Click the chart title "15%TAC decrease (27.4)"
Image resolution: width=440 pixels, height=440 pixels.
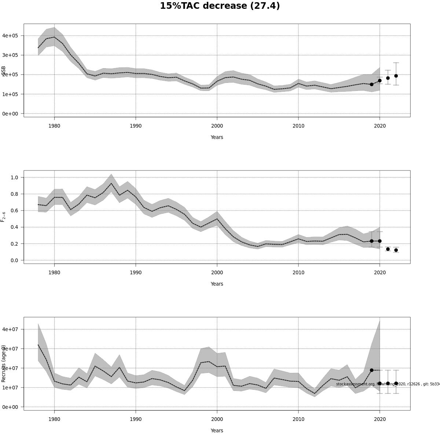[220, 6]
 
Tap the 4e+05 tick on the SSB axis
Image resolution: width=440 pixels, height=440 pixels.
[13, 36]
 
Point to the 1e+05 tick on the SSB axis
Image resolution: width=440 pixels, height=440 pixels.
[13, 94]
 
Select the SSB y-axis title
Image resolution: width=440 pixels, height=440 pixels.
[4, 71]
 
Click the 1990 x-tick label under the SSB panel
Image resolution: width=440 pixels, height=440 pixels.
[136, 126]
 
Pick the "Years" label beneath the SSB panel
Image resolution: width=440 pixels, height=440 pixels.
[217, 137]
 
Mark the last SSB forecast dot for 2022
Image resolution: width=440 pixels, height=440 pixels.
[396, 76]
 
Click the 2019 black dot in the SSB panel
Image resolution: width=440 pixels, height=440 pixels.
[371, 84]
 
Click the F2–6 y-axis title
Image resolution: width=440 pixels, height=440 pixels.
[3, 217]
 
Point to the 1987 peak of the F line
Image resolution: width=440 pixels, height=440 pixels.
[111, 183]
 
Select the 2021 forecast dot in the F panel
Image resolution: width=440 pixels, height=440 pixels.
[388, 249]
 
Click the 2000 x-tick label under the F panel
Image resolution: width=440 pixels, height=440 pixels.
[217, 272]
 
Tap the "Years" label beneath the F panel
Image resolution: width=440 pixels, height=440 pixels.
[217, 284]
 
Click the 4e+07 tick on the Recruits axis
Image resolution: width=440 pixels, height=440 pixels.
[13, 329]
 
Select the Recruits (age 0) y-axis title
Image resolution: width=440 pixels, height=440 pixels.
[4, 363]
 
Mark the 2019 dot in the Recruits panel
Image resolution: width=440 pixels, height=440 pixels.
[371, 370]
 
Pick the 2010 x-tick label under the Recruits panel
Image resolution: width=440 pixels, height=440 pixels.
[298, 419]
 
